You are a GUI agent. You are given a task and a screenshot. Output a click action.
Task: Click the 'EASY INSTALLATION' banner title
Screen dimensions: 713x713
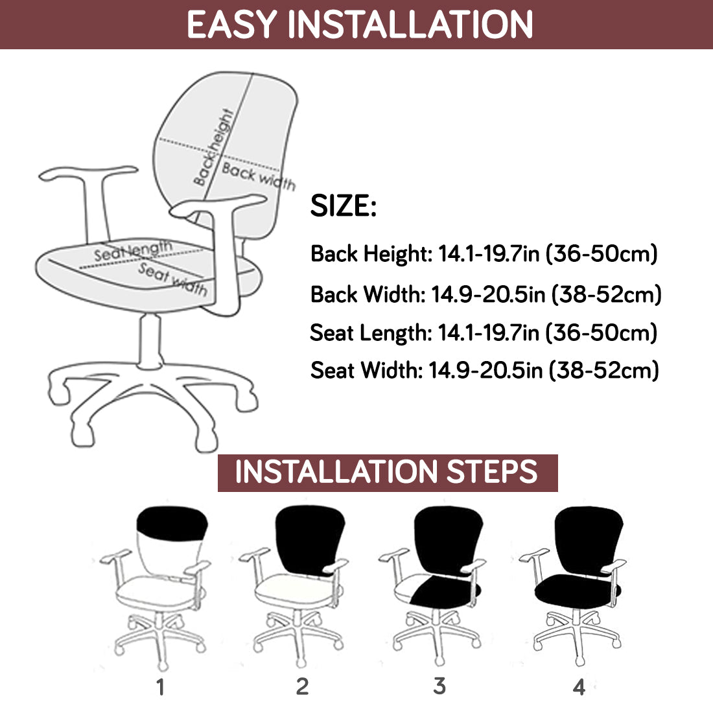(359, 25)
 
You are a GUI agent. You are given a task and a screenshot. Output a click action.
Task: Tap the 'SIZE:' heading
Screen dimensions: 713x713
(344, 205)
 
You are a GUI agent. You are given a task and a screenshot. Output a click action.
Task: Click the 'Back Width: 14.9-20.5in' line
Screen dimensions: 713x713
(485, 294)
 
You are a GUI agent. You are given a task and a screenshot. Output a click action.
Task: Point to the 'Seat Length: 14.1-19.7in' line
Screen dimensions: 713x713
(484, 333)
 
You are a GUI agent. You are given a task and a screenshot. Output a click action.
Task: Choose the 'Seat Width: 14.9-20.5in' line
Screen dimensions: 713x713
(485, 370)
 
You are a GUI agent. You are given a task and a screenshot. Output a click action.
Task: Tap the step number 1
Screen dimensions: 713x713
(160, 687)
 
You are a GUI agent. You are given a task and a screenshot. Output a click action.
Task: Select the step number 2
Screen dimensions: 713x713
(303, 686)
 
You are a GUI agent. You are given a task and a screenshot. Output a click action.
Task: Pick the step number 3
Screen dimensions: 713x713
(439, 686)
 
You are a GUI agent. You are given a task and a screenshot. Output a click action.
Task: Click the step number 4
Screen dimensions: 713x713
(579, 687)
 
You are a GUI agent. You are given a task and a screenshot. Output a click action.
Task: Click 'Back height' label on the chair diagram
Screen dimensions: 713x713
(213, 148)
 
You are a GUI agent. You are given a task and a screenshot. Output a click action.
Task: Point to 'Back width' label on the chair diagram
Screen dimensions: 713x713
(259, 176)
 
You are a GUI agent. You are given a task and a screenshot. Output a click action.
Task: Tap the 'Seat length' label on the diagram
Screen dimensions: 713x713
(134, 250)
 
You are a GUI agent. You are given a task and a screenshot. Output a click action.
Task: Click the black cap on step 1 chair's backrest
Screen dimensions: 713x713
(172, 523)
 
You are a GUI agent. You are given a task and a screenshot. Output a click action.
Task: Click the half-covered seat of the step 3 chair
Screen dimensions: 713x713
(436, 590)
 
